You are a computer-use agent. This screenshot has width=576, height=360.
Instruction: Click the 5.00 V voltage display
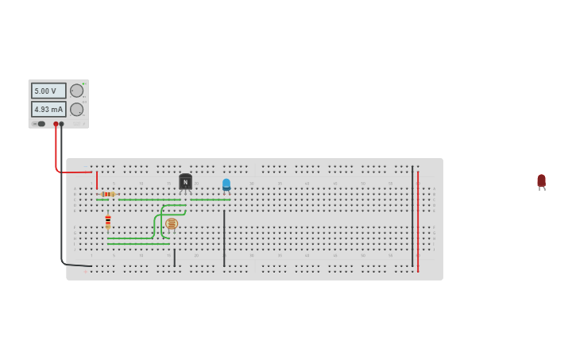(48, 91)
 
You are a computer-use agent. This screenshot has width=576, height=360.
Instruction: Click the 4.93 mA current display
(48, 109)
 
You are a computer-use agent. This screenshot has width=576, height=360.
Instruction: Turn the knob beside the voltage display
(76, 91)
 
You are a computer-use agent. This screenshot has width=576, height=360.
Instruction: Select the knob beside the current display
(76, 109)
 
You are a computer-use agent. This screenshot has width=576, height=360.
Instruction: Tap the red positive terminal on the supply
(56, 124)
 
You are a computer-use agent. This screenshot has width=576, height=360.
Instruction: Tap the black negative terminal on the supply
(62, 124)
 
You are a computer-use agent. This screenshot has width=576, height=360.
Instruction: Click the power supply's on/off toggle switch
(41, 124)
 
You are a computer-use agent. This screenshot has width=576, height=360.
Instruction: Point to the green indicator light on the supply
(83, 83)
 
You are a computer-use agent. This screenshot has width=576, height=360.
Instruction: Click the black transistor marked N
(185, 182)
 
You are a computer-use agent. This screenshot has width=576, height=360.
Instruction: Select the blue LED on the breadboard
(226, 185)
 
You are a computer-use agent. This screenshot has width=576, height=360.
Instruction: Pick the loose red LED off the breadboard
(541, 181)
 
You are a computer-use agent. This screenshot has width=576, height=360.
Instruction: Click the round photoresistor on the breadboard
(172, 224)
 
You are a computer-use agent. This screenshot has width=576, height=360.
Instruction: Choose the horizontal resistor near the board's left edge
(107, 194)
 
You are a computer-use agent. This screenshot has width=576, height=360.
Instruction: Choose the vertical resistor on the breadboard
(108, 221)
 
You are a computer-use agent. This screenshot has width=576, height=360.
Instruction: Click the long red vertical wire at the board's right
(418, 223)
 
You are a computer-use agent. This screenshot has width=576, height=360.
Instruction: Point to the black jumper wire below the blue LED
(224, 238)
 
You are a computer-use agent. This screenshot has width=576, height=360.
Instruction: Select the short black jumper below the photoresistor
(175, 257)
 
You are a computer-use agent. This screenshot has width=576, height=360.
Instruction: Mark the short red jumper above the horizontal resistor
(97, 180)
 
